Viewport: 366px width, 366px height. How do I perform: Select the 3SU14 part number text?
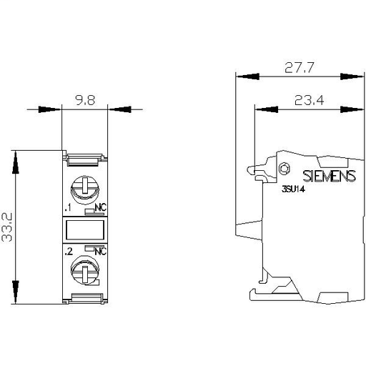click(287, 191)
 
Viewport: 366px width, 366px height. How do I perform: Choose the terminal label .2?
click(67, 252)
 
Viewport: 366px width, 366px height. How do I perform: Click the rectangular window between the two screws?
click(86, 230)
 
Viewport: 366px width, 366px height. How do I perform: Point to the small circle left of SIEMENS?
click(284, 169)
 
